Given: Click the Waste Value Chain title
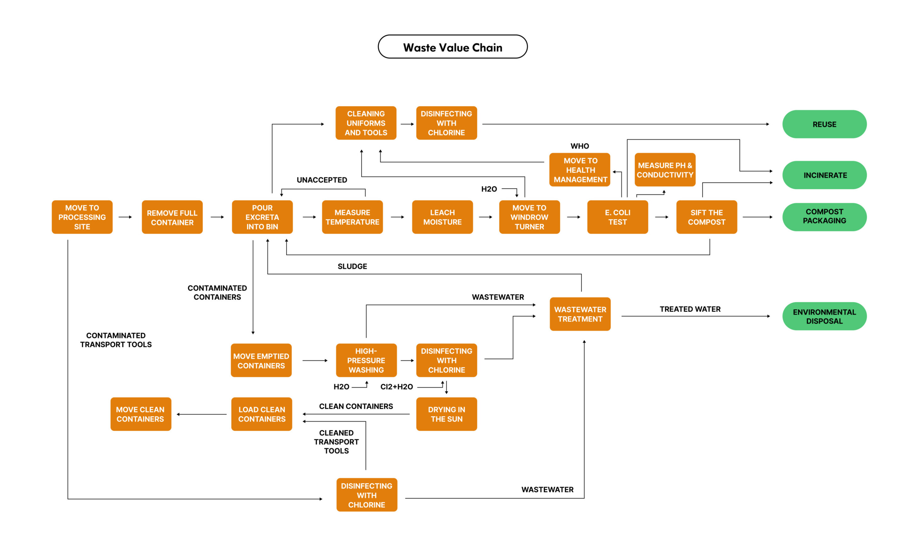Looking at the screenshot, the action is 452,47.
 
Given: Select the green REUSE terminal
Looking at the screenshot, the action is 824,124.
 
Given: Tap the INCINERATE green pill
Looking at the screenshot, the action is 824,175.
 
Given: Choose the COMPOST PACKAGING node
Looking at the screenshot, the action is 824,217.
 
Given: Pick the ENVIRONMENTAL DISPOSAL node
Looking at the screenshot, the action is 824,316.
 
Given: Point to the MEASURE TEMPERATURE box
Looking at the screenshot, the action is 352,217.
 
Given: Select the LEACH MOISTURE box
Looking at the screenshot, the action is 442,217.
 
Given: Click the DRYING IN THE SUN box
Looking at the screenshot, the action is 447,414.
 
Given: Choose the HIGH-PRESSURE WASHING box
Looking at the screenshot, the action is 366,360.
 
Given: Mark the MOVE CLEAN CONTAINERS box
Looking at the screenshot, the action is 141,414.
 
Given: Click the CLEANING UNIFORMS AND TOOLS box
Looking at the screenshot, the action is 366,123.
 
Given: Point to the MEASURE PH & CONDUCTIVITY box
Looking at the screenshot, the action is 665,170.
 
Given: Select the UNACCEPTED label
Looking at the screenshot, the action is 322,180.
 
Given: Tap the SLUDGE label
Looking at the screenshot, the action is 352,266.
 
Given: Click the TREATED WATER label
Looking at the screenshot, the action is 690,309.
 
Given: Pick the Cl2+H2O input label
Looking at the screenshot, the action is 397,387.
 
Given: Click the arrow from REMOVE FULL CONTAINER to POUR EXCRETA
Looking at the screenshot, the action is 217,217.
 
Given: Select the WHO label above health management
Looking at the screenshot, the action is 579,146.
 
